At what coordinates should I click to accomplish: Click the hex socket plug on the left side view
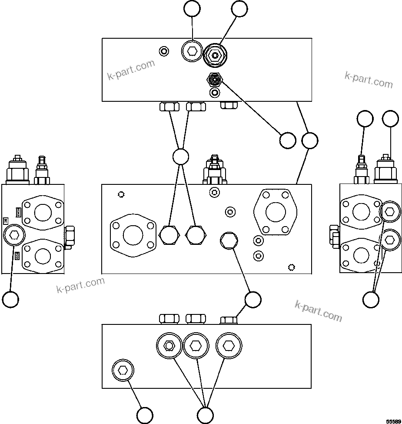tap(14, 236)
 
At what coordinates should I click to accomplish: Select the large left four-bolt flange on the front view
tap(133, 235)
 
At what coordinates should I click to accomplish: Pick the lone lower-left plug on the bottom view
tap(123, 371)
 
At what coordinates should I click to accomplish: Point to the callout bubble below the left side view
tap(10, 299)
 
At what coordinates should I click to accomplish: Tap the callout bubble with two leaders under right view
tap(371, 299)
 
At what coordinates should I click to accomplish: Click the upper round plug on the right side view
tap(390, 212)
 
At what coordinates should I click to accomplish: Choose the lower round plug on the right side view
tap(390, 239)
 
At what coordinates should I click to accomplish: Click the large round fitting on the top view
tap(215, 56)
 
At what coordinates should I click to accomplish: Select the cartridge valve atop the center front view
tap(214, 170)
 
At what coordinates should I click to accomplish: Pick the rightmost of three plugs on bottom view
tap(228, 346)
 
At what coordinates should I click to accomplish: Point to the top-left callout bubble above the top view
tap(192, 9)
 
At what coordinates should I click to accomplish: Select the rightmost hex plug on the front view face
tap(228, 240)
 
